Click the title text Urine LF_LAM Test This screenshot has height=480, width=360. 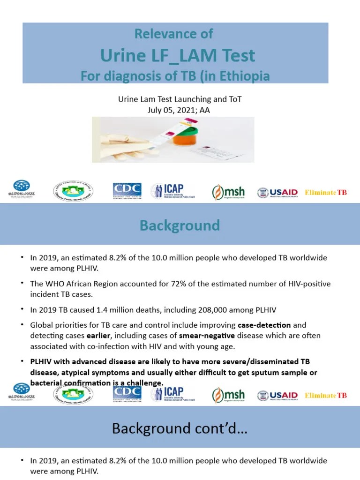178,56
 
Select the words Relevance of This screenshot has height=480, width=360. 173,34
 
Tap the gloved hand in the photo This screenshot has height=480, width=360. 117,141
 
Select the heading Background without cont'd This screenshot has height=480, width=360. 180,225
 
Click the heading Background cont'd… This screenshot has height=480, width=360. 180,428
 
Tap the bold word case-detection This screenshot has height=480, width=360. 264,325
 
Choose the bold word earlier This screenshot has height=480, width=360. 98,336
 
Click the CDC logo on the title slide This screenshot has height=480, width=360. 127,191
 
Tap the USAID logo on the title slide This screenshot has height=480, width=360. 277,193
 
